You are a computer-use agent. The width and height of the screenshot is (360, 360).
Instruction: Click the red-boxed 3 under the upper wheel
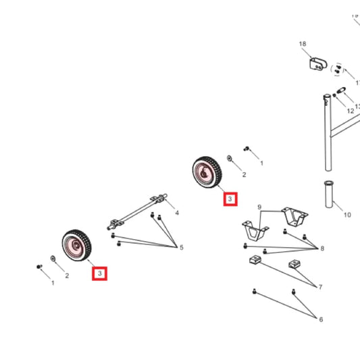click(230, 199)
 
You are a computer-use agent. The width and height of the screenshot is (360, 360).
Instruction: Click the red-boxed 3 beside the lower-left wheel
click(100, 273)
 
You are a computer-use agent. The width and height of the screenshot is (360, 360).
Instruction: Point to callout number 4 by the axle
click(177, 213)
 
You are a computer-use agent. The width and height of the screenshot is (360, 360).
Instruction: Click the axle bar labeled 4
click(139, 209)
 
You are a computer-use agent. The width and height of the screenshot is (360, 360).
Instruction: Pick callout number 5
click(181, 247)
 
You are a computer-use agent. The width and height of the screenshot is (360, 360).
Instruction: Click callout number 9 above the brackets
click(259, 207)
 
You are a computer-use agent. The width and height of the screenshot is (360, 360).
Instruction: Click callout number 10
click(347, 215)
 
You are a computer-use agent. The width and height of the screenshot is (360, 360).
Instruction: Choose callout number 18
click(303, 44)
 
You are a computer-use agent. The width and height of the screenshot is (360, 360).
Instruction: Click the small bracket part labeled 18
click(317, 64)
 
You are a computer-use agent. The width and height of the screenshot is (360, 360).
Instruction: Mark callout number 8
click(322, 249)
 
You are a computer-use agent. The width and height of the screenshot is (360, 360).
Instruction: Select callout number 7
click(320, 287)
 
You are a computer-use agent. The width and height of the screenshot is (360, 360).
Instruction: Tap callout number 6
click(321, 319)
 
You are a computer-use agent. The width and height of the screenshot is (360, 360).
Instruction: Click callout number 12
click(351, 110)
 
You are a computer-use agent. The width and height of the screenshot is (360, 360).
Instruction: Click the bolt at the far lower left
click(38, 267)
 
